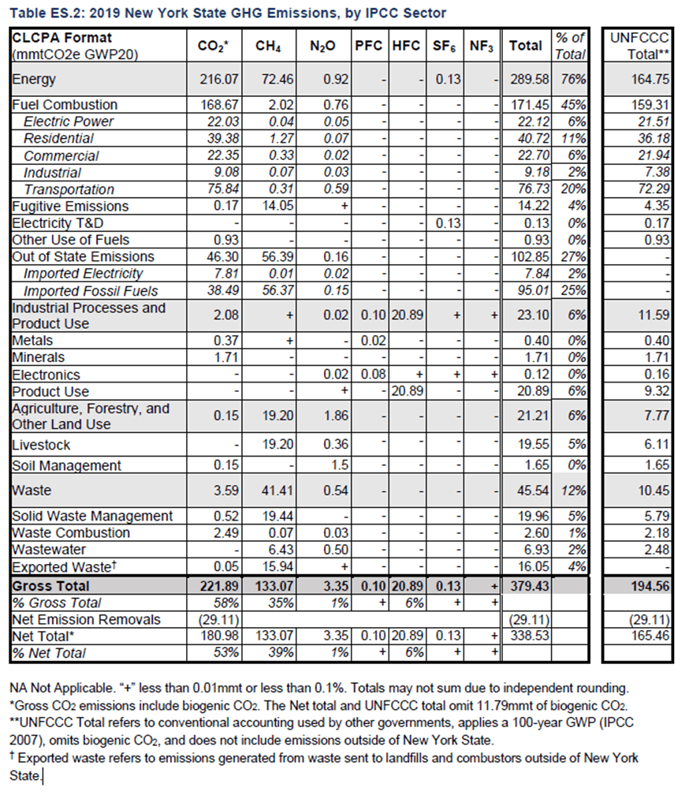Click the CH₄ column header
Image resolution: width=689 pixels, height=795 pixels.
268,47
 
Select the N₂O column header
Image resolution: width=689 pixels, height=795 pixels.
322,47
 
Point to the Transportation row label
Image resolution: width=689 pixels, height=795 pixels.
69,189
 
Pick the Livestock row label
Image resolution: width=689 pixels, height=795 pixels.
42,445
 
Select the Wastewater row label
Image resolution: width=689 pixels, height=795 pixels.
49,549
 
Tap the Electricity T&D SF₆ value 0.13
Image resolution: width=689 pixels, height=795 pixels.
447,223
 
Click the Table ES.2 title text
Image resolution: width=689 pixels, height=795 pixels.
228,13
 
